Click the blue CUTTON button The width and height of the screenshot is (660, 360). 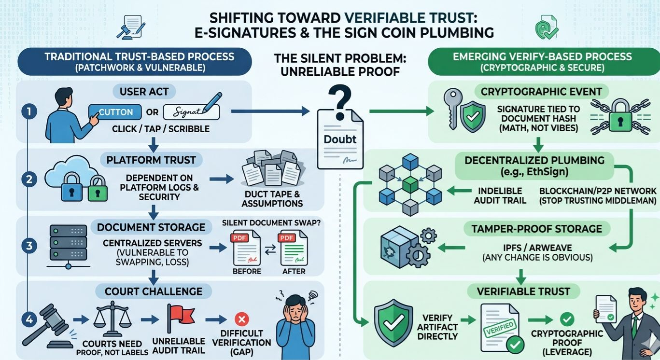point(116,112)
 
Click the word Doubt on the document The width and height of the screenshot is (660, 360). point(340,139)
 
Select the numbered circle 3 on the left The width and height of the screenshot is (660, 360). point(28,246)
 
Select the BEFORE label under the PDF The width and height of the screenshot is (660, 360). point(247,271)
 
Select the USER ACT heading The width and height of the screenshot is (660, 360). point(143,91)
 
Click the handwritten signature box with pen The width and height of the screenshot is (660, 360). point(191,112)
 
